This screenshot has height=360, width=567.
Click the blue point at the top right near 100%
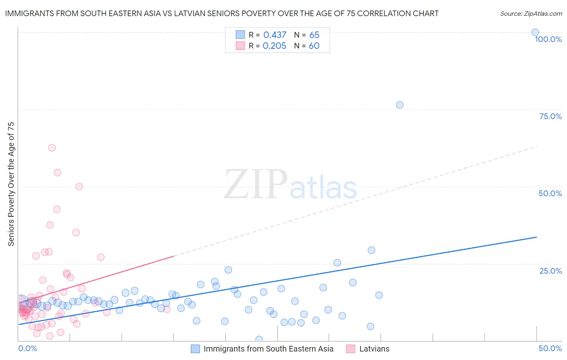pos(535,33)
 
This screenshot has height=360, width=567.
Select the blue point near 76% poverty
pos(400,105)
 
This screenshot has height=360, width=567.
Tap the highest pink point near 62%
pos(52,148)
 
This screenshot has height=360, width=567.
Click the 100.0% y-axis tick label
pos(548,39)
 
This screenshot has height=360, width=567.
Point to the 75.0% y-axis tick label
pos(550,116)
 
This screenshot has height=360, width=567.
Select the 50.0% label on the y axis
pos(550,193)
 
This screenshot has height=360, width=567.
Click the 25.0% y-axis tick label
pos(550,271)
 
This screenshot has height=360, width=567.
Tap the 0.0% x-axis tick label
pos(27,348)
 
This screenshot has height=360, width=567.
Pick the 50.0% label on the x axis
pos(550,348)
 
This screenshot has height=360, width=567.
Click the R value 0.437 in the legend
pos(275,35)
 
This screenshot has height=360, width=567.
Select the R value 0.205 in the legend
pos(274,46)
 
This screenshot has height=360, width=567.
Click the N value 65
pos(314,35)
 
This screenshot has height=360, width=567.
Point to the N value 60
pos(314,46)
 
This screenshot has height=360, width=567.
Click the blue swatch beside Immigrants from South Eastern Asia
pos(195,349)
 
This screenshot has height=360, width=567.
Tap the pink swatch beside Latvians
pos(351,349)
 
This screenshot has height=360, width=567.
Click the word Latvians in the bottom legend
pos(374,349)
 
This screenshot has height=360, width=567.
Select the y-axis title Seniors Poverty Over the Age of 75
pos(11,184)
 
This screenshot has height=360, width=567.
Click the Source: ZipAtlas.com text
pos(531,14)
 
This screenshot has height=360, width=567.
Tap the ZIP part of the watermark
pos(256,184)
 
